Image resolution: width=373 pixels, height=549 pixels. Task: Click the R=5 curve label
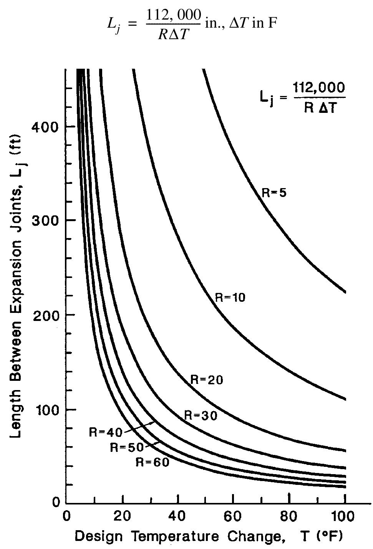[x=274, y=192]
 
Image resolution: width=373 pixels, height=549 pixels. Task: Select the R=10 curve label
[x=230, y=297]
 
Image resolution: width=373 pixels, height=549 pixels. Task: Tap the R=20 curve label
[x=207, y=380]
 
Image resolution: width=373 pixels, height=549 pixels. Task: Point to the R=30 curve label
[x=201, y=415]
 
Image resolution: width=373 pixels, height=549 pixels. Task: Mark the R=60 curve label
[x=153, y=462]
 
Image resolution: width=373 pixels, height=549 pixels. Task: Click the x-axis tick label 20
[x=123, y=516]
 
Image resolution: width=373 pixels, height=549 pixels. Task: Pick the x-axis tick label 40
[x=177, y=516]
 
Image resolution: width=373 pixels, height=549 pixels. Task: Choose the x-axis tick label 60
[x=233, y=516]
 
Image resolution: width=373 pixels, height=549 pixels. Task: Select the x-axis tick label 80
[x=289, y=516]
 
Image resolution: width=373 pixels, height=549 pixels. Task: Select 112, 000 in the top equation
[x=174, y=15]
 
